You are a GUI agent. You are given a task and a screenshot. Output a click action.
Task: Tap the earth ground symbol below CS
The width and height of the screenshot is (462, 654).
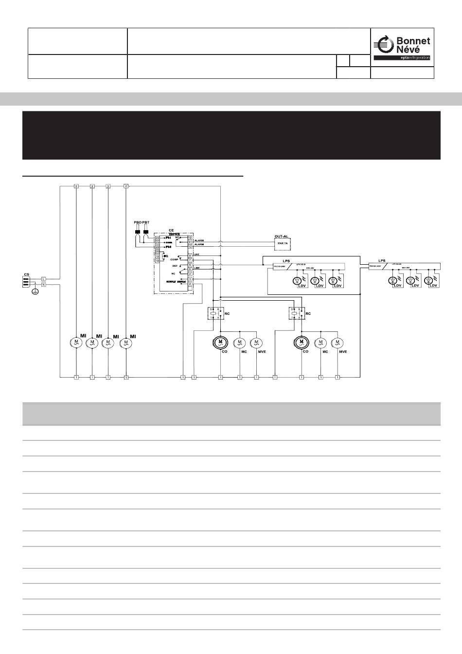(35, 291)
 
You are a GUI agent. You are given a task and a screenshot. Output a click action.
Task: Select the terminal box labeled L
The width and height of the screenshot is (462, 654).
(44, 279)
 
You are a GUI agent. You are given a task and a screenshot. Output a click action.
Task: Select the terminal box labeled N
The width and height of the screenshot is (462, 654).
(44, 285)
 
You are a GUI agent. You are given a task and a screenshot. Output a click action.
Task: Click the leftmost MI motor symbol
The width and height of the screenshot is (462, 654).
(76, 343)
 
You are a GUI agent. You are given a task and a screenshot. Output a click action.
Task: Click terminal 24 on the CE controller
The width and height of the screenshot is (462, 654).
(157, 237)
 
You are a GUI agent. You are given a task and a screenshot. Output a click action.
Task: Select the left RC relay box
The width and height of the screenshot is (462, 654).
(215, 312)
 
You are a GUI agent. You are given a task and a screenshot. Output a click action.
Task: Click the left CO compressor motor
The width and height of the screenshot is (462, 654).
(221, 343)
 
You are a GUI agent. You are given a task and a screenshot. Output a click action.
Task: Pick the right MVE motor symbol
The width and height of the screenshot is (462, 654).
(338, 343)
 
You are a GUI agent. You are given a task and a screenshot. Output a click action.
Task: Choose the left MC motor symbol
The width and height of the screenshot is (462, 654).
(240, 343)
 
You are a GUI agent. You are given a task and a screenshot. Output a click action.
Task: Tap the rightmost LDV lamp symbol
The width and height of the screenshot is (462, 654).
(428, 280)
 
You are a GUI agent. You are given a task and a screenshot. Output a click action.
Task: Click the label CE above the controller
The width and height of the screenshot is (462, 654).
(171, 230)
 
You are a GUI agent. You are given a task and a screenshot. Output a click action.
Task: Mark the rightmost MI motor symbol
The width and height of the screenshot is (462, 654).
(126, 343)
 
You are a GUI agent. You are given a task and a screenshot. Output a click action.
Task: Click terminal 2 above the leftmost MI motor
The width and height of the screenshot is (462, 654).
(76, 186)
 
